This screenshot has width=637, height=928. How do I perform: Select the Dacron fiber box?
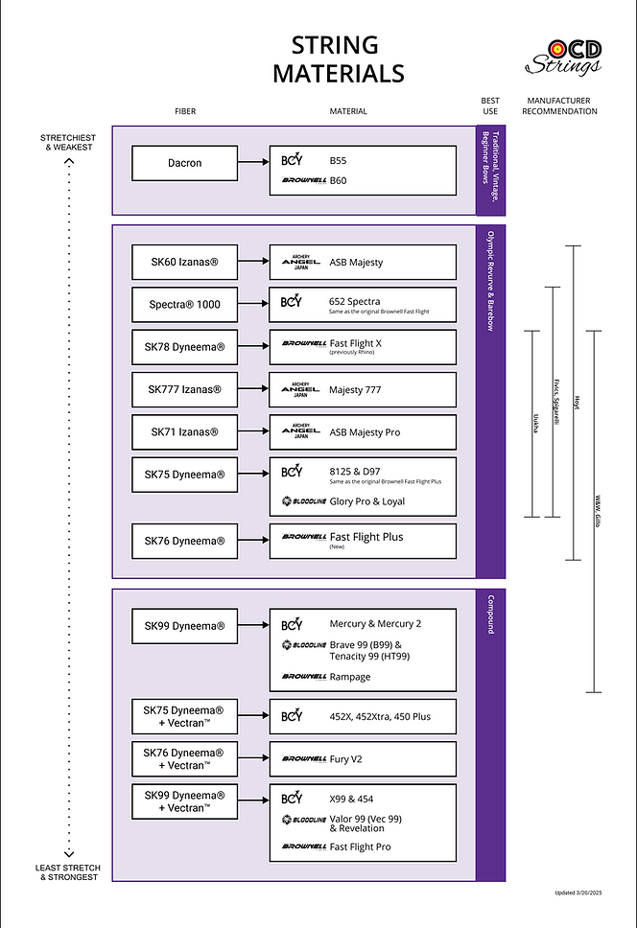pyautogui.click(x=184, y=163)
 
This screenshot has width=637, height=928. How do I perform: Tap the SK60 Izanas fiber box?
pyautogui.click(x=184, y=261)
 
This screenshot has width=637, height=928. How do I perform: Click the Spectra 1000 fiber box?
pyautogui.click(x=184, y=305)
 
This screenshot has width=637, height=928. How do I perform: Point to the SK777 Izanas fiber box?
pyautogui.click(x=184, y=389)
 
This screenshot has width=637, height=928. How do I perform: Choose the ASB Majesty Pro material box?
pyautogui.click(x=363, y=432)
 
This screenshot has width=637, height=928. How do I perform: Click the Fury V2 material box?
pyautogui.click(x=363, y=758)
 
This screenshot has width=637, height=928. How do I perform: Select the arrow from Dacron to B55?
pyautogui.click(x=253, y=163)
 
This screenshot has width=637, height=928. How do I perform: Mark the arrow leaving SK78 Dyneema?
pyautogui.click(x=253, y=347)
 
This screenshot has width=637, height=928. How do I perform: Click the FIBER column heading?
pyautogui.click(x=185, y=111)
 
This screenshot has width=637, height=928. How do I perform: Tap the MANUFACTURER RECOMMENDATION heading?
pyautogui.click(x=559, y=105)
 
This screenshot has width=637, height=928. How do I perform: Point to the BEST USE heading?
pyautogui.click(x=490, y=105)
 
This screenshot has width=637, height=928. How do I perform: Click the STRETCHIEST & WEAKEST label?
pyautogui.click(x=67, y=142)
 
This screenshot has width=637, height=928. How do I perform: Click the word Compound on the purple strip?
pyautogui.click(x=490, y=614)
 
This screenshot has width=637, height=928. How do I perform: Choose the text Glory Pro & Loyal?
pyautogui.click(x=366, y=501)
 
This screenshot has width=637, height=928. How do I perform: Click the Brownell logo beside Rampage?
pyautogui.click(x=304, y=677)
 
